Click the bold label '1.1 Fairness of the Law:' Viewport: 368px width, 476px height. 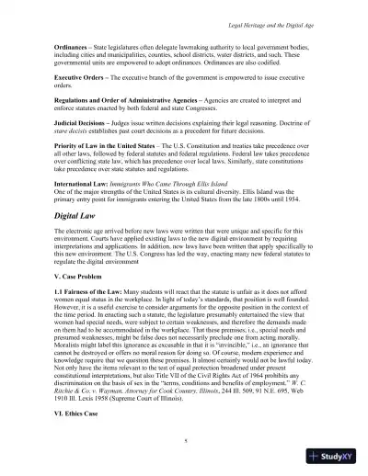click(88, 293)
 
